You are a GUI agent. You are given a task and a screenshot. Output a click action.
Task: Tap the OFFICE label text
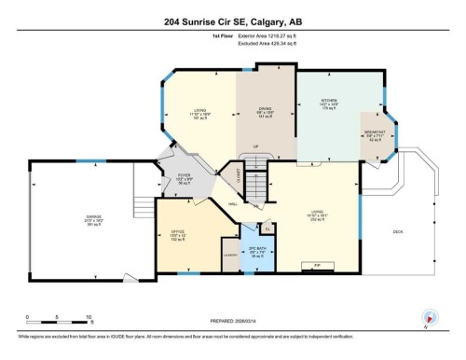[x=178, y=232]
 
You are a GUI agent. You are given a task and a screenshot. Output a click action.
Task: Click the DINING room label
[x=265, y=107]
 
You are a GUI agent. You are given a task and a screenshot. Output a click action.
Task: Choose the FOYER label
[x=186, y=174]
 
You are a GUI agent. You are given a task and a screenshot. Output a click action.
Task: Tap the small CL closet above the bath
[x=267, y=228]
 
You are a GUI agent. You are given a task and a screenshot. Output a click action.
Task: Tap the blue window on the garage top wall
[x=82, y=161]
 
